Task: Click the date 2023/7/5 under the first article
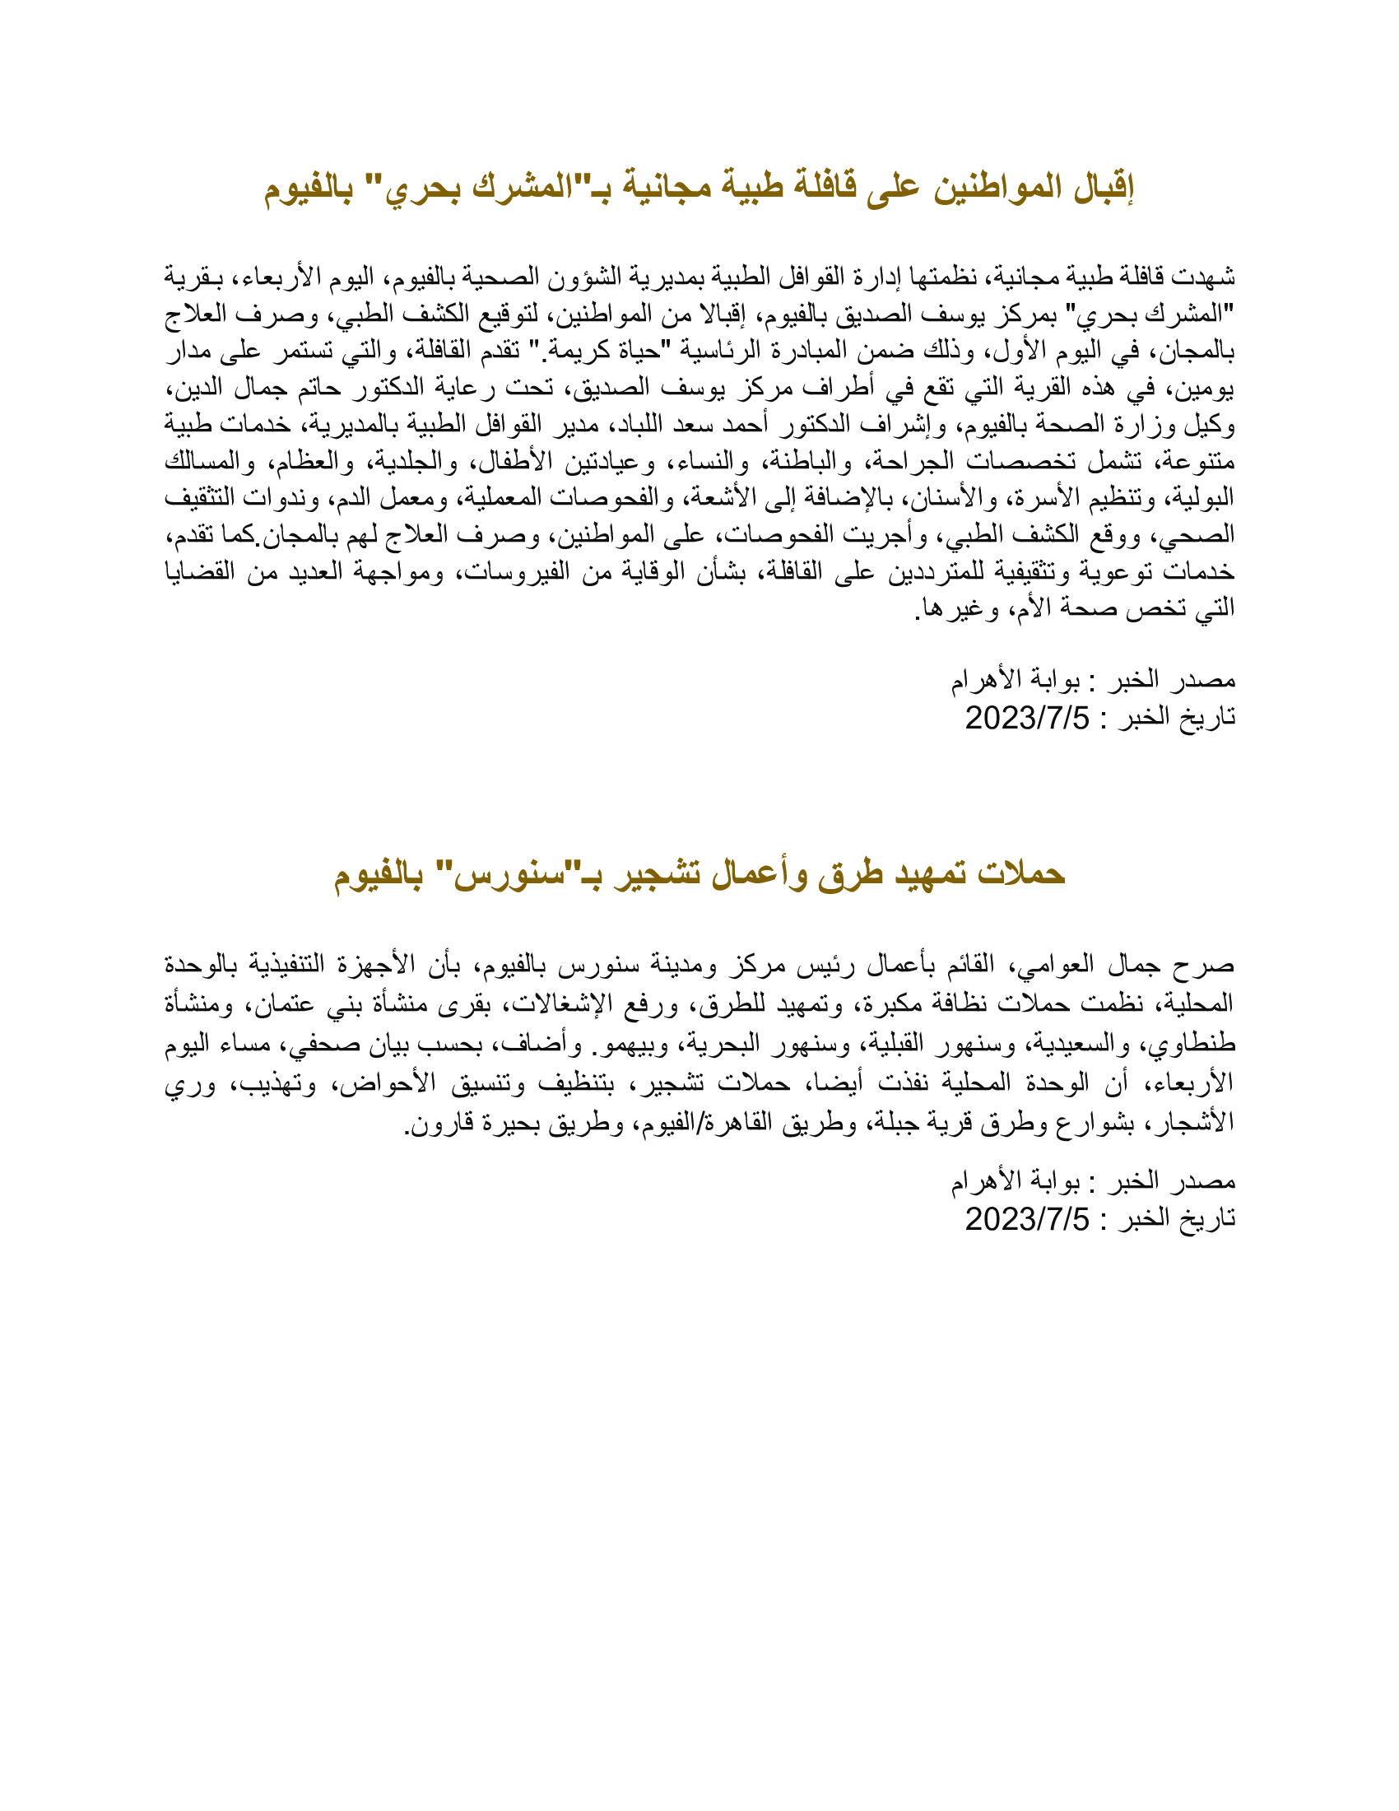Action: [1027, 717]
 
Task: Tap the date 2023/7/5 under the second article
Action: [1027, 1219]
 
